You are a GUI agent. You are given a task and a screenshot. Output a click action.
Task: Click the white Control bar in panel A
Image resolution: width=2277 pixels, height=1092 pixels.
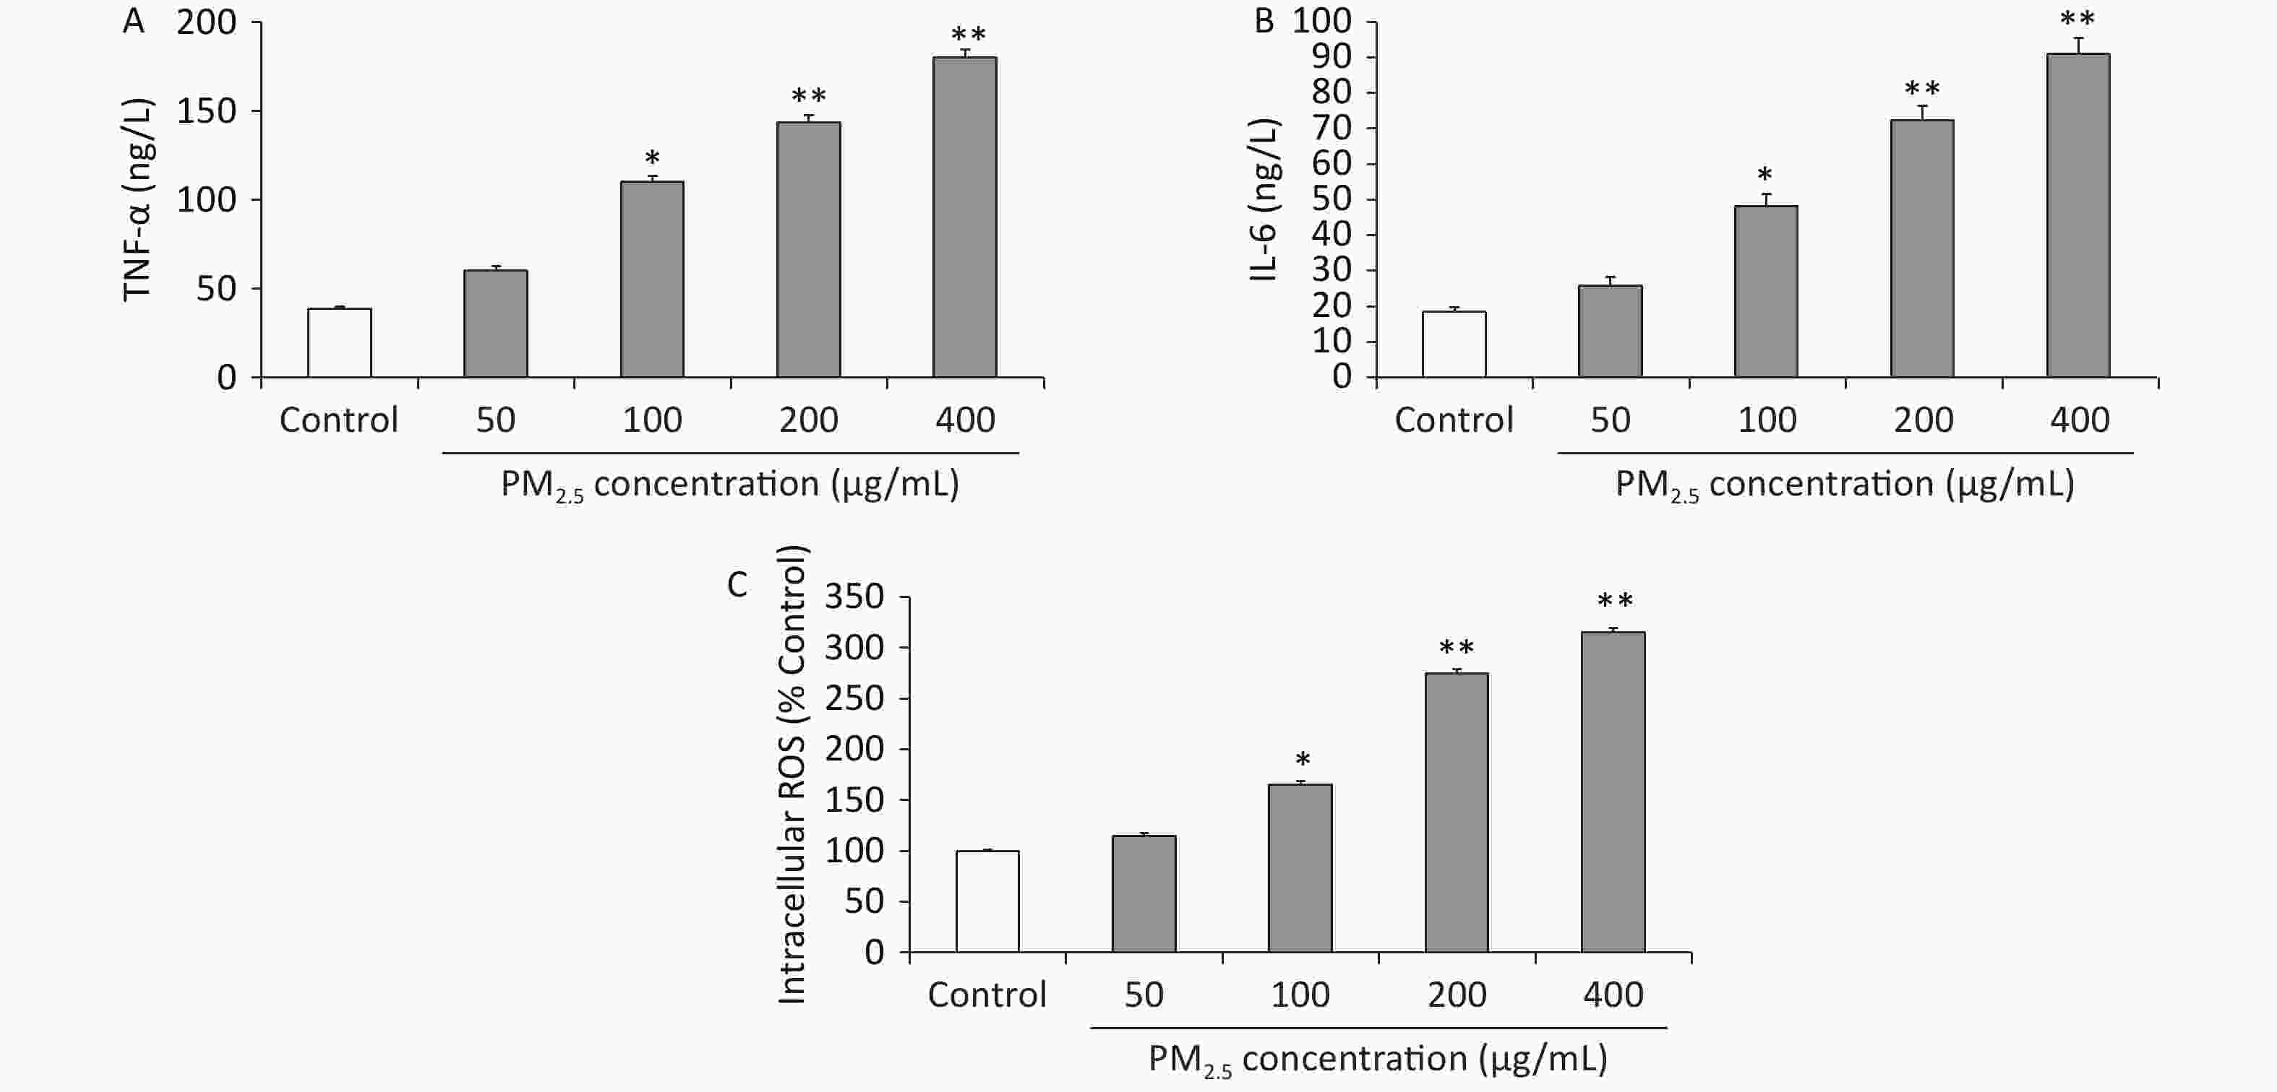(x=340, y=343)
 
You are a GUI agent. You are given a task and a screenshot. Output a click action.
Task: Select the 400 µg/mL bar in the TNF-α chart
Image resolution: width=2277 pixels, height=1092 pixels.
(x=964, y=217)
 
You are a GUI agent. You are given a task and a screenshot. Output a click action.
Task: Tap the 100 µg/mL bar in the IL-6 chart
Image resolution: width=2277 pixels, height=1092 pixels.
(x=1766, y=292)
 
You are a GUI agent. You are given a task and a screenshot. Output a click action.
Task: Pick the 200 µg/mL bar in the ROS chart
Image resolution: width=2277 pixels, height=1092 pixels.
(x=1456, y=812)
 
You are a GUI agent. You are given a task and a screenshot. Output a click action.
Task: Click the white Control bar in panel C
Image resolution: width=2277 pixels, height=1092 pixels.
(x=987, y=901)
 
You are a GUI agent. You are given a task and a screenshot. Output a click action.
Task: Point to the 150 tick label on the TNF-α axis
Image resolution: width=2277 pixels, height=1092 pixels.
(x=207, y=111)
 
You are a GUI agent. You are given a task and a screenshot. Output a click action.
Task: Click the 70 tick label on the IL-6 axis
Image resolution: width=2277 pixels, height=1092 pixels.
(x=1332, y=128)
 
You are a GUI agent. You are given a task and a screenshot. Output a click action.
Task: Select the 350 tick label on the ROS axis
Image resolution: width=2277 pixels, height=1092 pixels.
(x=854, y=597)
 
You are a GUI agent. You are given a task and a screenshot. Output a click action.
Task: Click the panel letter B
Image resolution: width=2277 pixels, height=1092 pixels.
(x=1264, y=21)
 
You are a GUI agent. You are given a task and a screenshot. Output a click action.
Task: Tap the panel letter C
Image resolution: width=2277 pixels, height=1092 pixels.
(x=737, y=585)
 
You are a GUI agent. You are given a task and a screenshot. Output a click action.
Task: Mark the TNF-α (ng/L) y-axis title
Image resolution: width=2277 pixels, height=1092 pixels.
(x=138, y=199)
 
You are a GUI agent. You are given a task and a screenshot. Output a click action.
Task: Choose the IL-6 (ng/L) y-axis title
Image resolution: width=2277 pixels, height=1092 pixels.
(x=1264, y=199)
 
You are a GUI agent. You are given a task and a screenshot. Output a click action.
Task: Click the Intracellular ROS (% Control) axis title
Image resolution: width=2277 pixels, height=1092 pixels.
(x=792, y=775)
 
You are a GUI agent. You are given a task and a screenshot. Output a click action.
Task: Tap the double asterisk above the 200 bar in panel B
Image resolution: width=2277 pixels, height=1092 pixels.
(x=1921, y=90)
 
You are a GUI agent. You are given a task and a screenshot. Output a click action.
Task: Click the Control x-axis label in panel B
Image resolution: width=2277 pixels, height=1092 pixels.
(x=1454, y=420)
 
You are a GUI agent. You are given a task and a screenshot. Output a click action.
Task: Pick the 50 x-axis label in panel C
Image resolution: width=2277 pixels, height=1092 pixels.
(x=1144, y=994)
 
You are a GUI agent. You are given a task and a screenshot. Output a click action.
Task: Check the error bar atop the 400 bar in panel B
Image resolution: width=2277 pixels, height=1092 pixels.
(x=2078, y=45)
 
